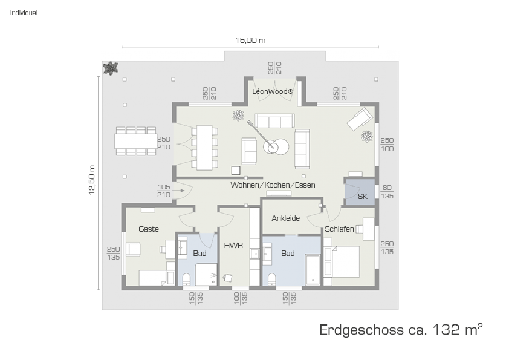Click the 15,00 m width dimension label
point(250,41)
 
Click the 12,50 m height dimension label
point(92,180)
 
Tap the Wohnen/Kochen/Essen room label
point(273,185)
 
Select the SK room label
point(363,196)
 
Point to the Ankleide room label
point(286,218)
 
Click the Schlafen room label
point(339,229)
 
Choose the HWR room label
point(233,245)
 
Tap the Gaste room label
point(149,229)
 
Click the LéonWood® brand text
point(273,91)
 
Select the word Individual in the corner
point(24,13)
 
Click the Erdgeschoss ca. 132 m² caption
point(401,330)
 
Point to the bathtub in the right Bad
point(313,270)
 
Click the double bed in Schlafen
point(342,261)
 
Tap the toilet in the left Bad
point(186,279)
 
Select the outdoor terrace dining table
point(135,142)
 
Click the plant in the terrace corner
point(111,68)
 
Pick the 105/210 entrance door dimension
point(164,191)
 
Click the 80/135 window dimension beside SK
point(387,192)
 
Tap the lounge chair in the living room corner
point(360,119)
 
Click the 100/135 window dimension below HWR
point(241,298)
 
